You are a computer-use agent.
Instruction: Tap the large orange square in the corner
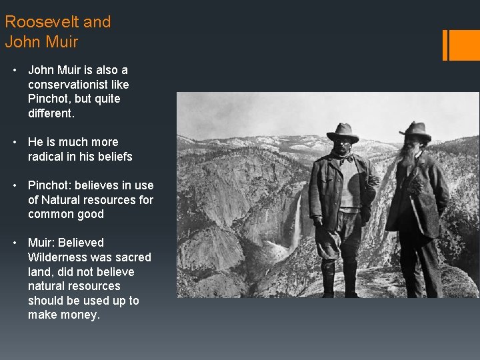465,45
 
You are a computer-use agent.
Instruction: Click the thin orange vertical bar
445,45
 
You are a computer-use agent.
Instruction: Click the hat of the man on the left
343,131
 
